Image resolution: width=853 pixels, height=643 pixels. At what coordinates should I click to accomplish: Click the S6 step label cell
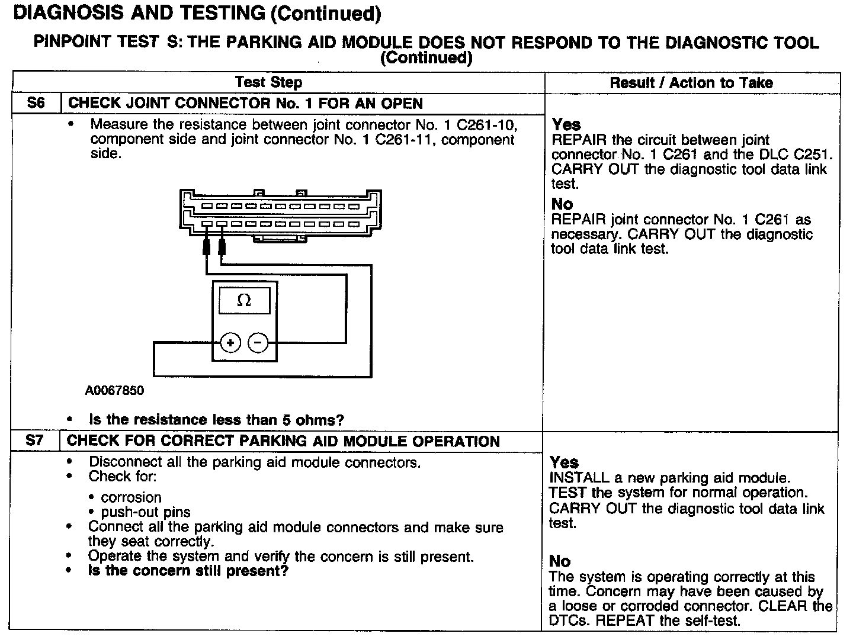pos(36,103)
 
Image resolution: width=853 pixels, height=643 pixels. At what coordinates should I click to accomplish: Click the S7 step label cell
pos(35,441)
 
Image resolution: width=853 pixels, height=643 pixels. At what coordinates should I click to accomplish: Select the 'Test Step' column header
pos(268,82)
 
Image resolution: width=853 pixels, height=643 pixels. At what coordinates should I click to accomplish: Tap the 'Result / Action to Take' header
pos(691,83)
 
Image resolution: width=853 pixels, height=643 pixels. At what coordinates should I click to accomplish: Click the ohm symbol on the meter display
pos(243,301)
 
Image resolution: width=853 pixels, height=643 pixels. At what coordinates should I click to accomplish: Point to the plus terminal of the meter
pos(230,343)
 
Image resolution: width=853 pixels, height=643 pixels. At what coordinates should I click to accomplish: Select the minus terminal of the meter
pos(258,343)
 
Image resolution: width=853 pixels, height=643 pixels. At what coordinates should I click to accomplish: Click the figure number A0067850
pos(114,391)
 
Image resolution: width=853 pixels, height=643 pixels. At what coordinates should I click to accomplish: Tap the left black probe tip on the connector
pos(206,247)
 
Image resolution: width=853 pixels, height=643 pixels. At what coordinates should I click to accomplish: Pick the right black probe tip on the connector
pos(222,247)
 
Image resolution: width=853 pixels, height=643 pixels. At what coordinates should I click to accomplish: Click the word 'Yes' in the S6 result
pos(566,124)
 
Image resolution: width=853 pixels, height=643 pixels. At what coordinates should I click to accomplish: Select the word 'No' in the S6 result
pos(562,204)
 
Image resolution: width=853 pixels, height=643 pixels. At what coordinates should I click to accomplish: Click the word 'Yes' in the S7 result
pos(564,462)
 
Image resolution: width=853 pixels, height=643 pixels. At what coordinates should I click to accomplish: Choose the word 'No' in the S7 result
pos(560,561)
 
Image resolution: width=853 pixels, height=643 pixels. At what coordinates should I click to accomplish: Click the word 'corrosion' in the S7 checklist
pos(131,497)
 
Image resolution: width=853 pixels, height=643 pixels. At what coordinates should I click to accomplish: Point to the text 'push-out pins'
pos(146,512)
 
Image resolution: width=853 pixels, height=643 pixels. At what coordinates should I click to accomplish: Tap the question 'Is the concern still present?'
pos(188,571)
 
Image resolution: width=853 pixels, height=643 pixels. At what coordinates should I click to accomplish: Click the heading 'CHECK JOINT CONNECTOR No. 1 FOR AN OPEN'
pos(245,104)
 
